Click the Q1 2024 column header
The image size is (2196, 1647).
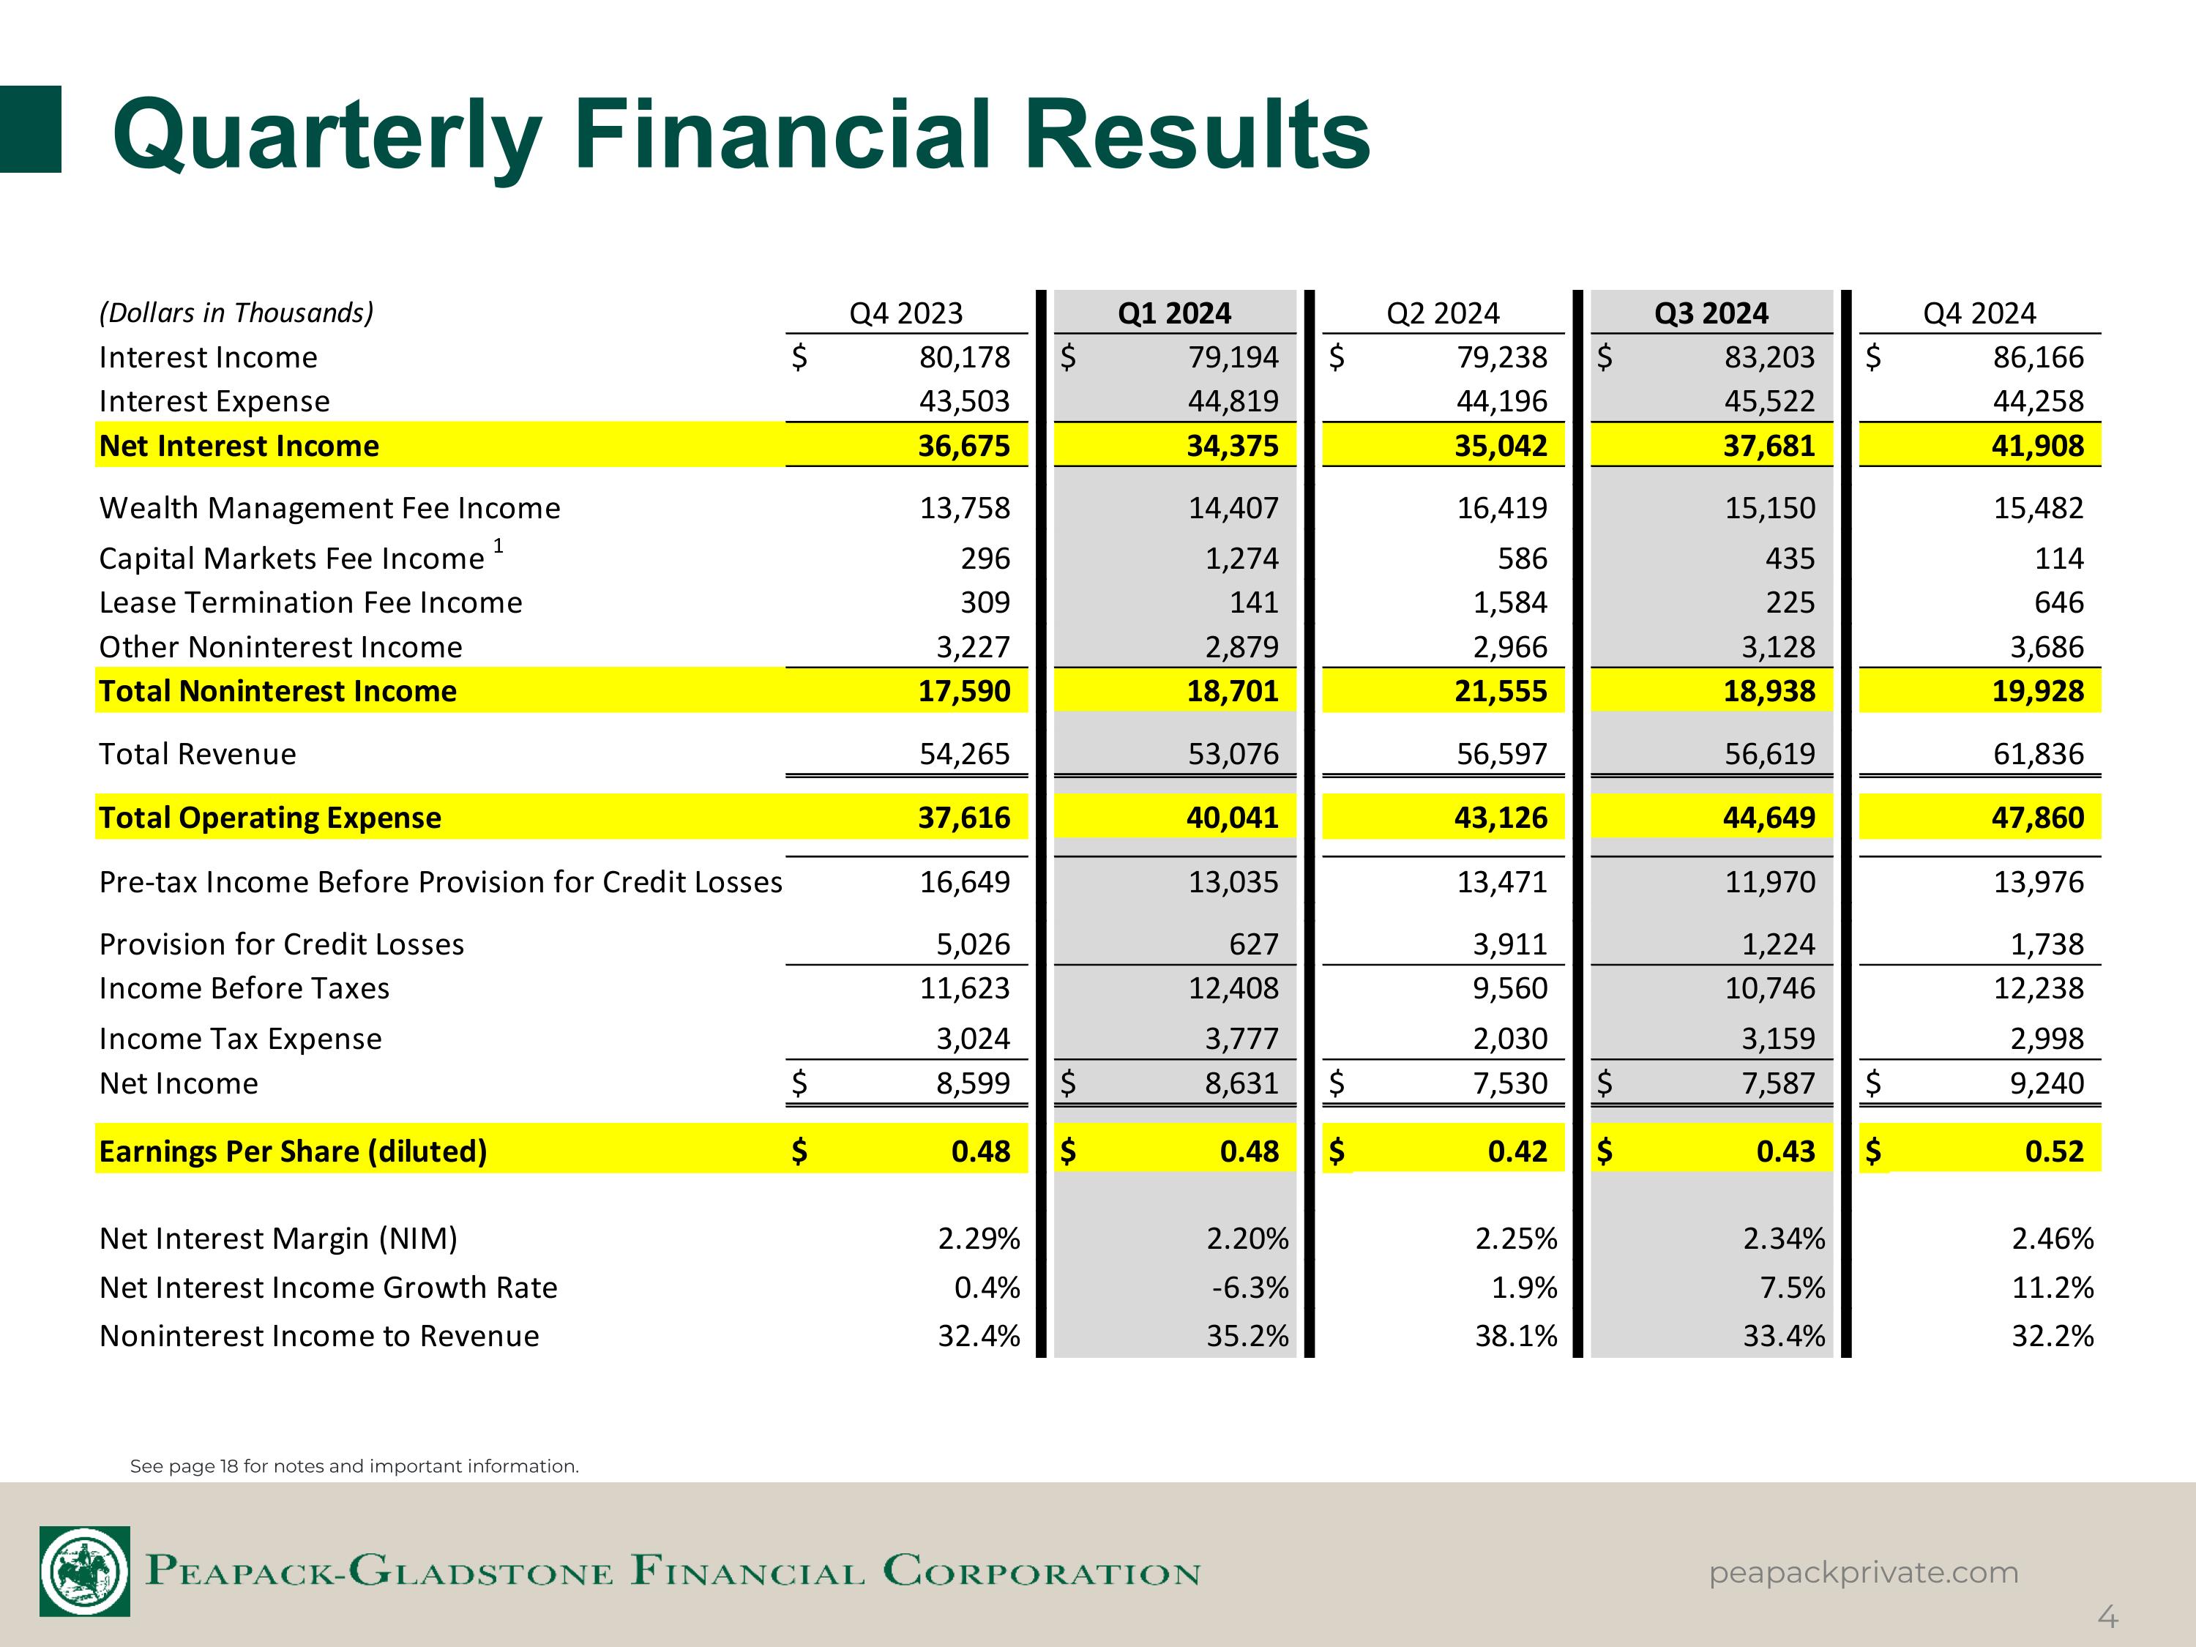click(1173, 314)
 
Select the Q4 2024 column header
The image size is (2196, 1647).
click(1979, 314)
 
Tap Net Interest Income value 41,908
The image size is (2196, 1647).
click(2037, 446)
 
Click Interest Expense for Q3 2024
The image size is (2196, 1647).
click(1769, 401)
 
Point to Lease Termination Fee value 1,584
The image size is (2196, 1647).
click(1510, 602)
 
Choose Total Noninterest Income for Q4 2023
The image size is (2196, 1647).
click(964, 691)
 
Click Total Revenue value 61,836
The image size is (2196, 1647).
click(2038, 755)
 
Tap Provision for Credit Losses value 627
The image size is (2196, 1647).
click(1254, 944)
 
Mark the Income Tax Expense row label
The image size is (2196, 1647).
click(240, 1039)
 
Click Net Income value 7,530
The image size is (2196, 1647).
click(1510, 1083)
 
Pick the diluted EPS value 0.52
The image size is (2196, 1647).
click(2054, 1151)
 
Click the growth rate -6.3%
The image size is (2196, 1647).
click(1250, 1288)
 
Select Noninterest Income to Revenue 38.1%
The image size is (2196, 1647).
click(1516, 1336)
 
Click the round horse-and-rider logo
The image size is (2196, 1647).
click(84, 1572)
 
